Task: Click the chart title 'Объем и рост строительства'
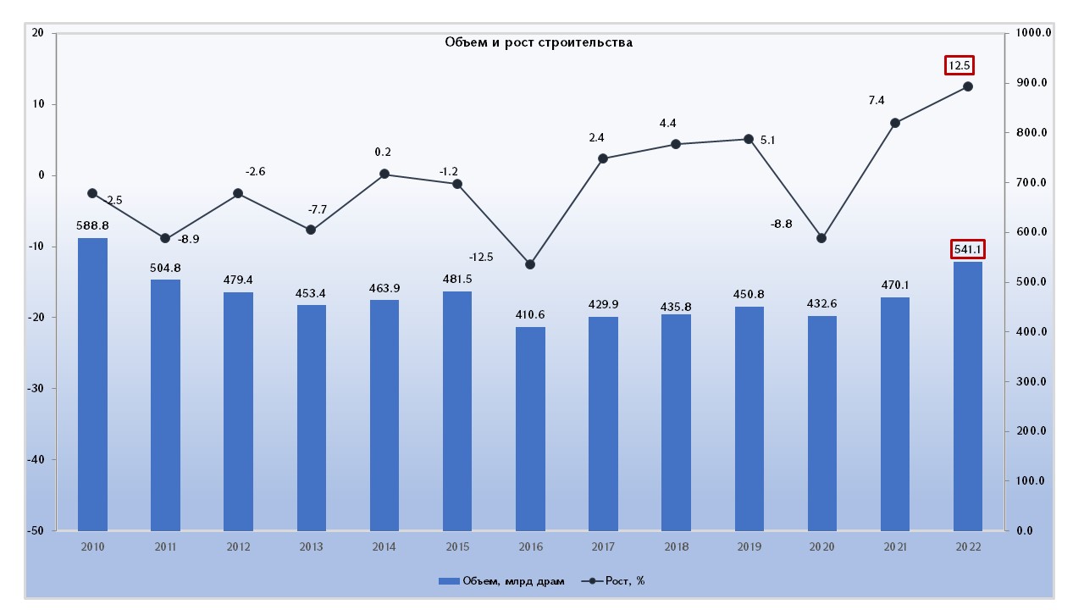tap(539, 42)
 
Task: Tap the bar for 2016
tap(530, 429)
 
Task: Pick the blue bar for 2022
tap(968, 396)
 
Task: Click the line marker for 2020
tap(821, 238)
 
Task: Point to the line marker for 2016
tap(530, 264)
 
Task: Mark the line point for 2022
tap(968, 86)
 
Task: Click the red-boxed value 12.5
tap(960, 65)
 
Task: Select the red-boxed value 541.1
tap(968, 249)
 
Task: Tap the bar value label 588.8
tap(93, 226)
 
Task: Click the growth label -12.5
tap(481, 257)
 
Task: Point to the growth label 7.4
tap(877, 101)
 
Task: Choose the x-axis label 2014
tap(384, 547)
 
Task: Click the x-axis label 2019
tap(749, 547)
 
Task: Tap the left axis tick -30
tap(38, 389)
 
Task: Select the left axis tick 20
tap(38, 33)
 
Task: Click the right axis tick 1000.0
tap(1033, 33)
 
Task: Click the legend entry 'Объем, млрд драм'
tap(502, 581)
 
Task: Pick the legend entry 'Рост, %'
tap(614, 581)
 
